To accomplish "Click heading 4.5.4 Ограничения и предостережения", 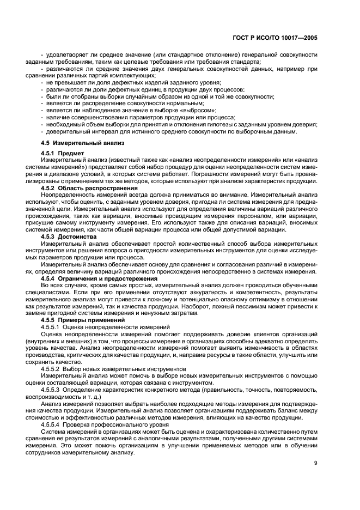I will point(99,277).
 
